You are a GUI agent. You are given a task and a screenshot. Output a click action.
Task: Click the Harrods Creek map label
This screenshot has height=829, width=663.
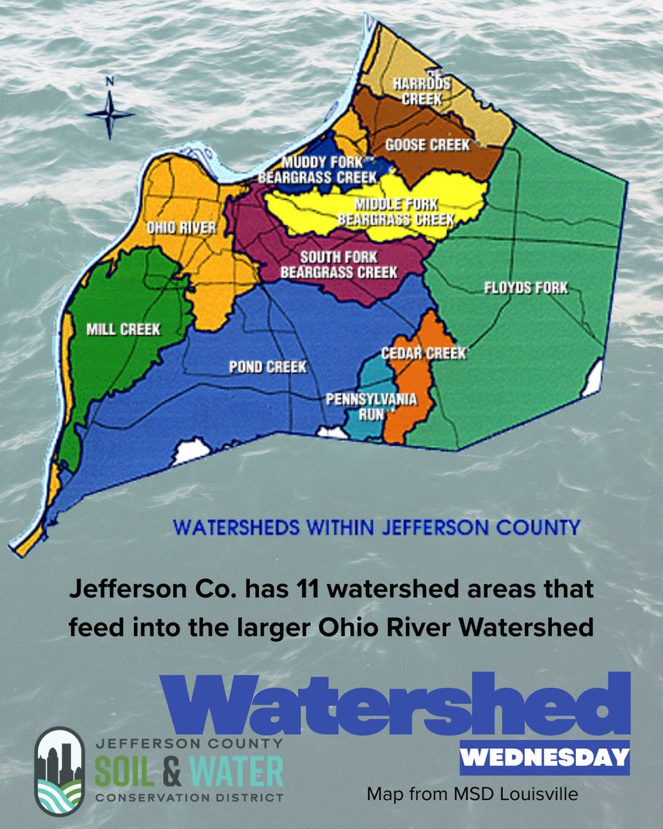[421, 91]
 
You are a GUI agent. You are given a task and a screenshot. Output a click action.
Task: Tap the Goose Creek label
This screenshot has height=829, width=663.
[427, 145]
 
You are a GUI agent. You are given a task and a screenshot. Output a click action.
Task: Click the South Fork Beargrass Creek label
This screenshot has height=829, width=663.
[338, 265]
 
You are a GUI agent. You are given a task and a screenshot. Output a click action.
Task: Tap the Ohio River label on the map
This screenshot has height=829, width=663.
[182, 229]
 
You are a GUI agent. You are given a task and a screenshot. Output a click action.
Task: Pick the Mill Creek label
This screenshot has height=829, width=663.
[123, 330]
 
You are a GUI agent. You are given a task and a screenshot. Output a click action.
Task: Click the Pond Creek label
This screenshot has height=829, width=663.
[268, 367]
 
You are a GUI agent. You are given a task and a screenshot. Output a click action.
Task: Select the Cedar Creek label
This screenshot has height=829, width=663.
[424, 353]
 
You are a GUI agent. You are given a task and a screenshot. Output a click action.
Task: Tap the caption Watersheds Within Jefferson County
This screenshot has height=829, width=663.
[376, 528]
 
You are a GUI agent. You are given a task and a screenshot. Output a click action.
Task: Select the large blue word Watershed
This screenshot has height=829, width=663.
[395, 705]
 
